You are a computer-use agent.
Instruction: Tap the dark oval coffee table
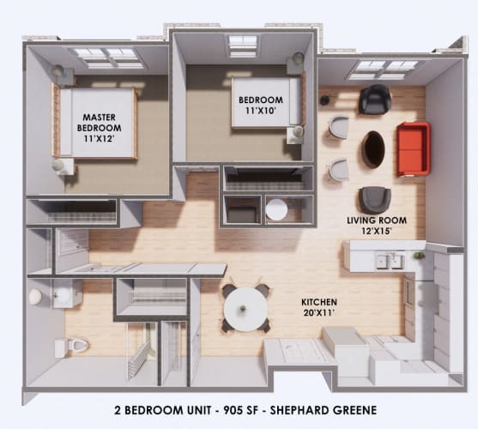[x=374, y=149]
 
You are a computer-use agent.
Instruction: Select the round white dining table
[x=245, y=305]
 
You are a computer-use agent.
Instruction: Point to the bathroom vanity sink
[x=62, y=295]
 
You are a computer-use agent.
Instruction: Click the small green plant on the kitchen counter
[x=419, y=256]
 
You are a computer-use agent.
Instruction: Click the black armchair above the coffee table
[x=375, y=100]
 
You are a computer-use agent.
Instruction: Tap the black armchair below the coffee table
[x=375, y=199]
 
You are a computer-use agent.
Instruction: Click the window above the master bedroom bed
[x=106, y=57]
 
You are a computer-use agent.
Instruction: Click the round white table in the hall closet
[x=277, y=209]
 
